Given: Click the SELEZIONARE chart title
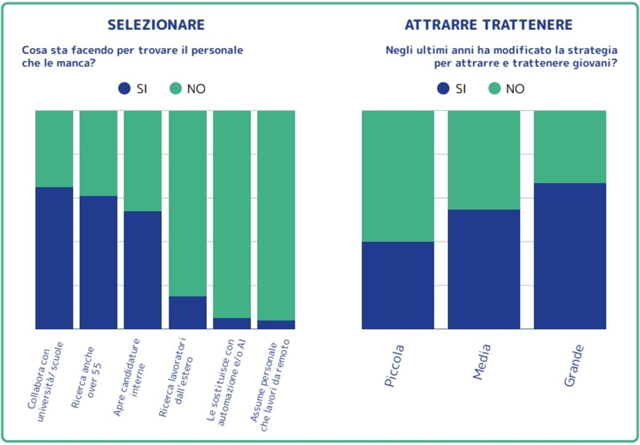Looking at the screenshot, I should (x=156, y=25).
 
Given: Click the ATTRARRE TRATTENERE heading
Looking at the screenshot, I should (x=488, y=25).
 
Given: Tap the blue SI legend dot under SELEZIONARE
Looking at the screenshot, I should (x=124, y=89).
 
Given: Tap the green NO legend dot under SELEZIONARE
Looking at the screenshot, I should (x=176, y=89).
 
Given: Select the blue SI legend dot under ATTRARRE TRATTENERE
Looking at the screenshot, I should (x=443, y=89).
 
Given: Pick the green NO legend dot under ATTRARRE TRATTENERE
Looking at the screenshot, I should (x=494, y=89).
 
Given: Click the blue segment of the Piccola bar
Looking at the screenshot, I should (x=398, y=285).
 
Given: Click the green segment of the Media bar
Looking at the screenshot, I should (x=484, y=160).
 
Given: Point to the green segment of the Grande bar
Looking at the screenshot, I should (x=570, y=147).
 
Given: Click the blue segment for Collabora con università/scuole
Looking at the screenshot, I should (x=54, y=258).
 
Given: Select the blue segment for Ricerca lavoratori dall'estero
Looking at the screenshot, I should (x=187, y=312).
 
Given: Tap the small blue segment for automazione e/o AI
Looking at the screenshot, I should (x=232, y=323).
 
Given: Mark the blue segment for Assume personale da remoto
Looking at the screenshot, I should (x=276, y=325).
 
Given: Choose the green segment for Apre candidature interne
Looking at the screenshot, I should (x=143, y=161).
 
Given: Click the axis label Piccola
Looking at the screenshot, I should (x=394, y=366).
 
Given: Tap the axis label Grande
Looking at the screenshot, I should (x=573, y=366).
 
